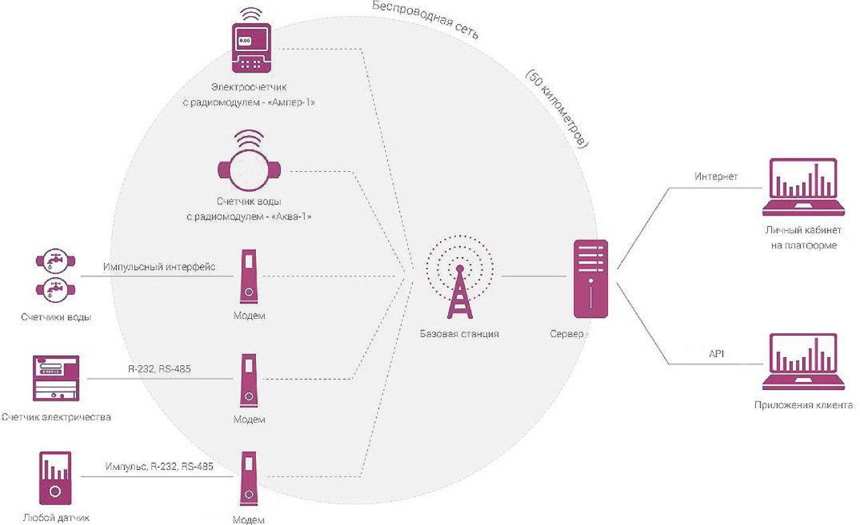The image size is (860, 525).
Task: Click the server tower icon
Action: click(591, 279)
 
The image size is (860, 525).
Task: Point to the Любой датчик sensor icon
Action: click(55, 478)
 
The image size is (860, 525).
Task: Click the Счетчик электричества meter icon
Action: click(56, 379)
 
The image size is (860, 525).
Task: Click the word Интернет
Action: click(716, 177)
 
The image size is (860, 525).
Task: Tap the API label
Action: click(716, 352)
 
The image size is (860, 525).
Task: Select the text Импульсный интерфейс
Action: click(159, 267)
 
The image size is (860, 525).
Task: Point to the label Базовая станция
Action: click(460, 334)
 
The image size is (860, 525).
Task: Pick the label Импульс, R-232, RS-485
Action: click(159, 466)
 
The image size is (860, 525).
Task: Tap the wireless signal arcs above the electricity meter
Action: click(251, 15)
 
